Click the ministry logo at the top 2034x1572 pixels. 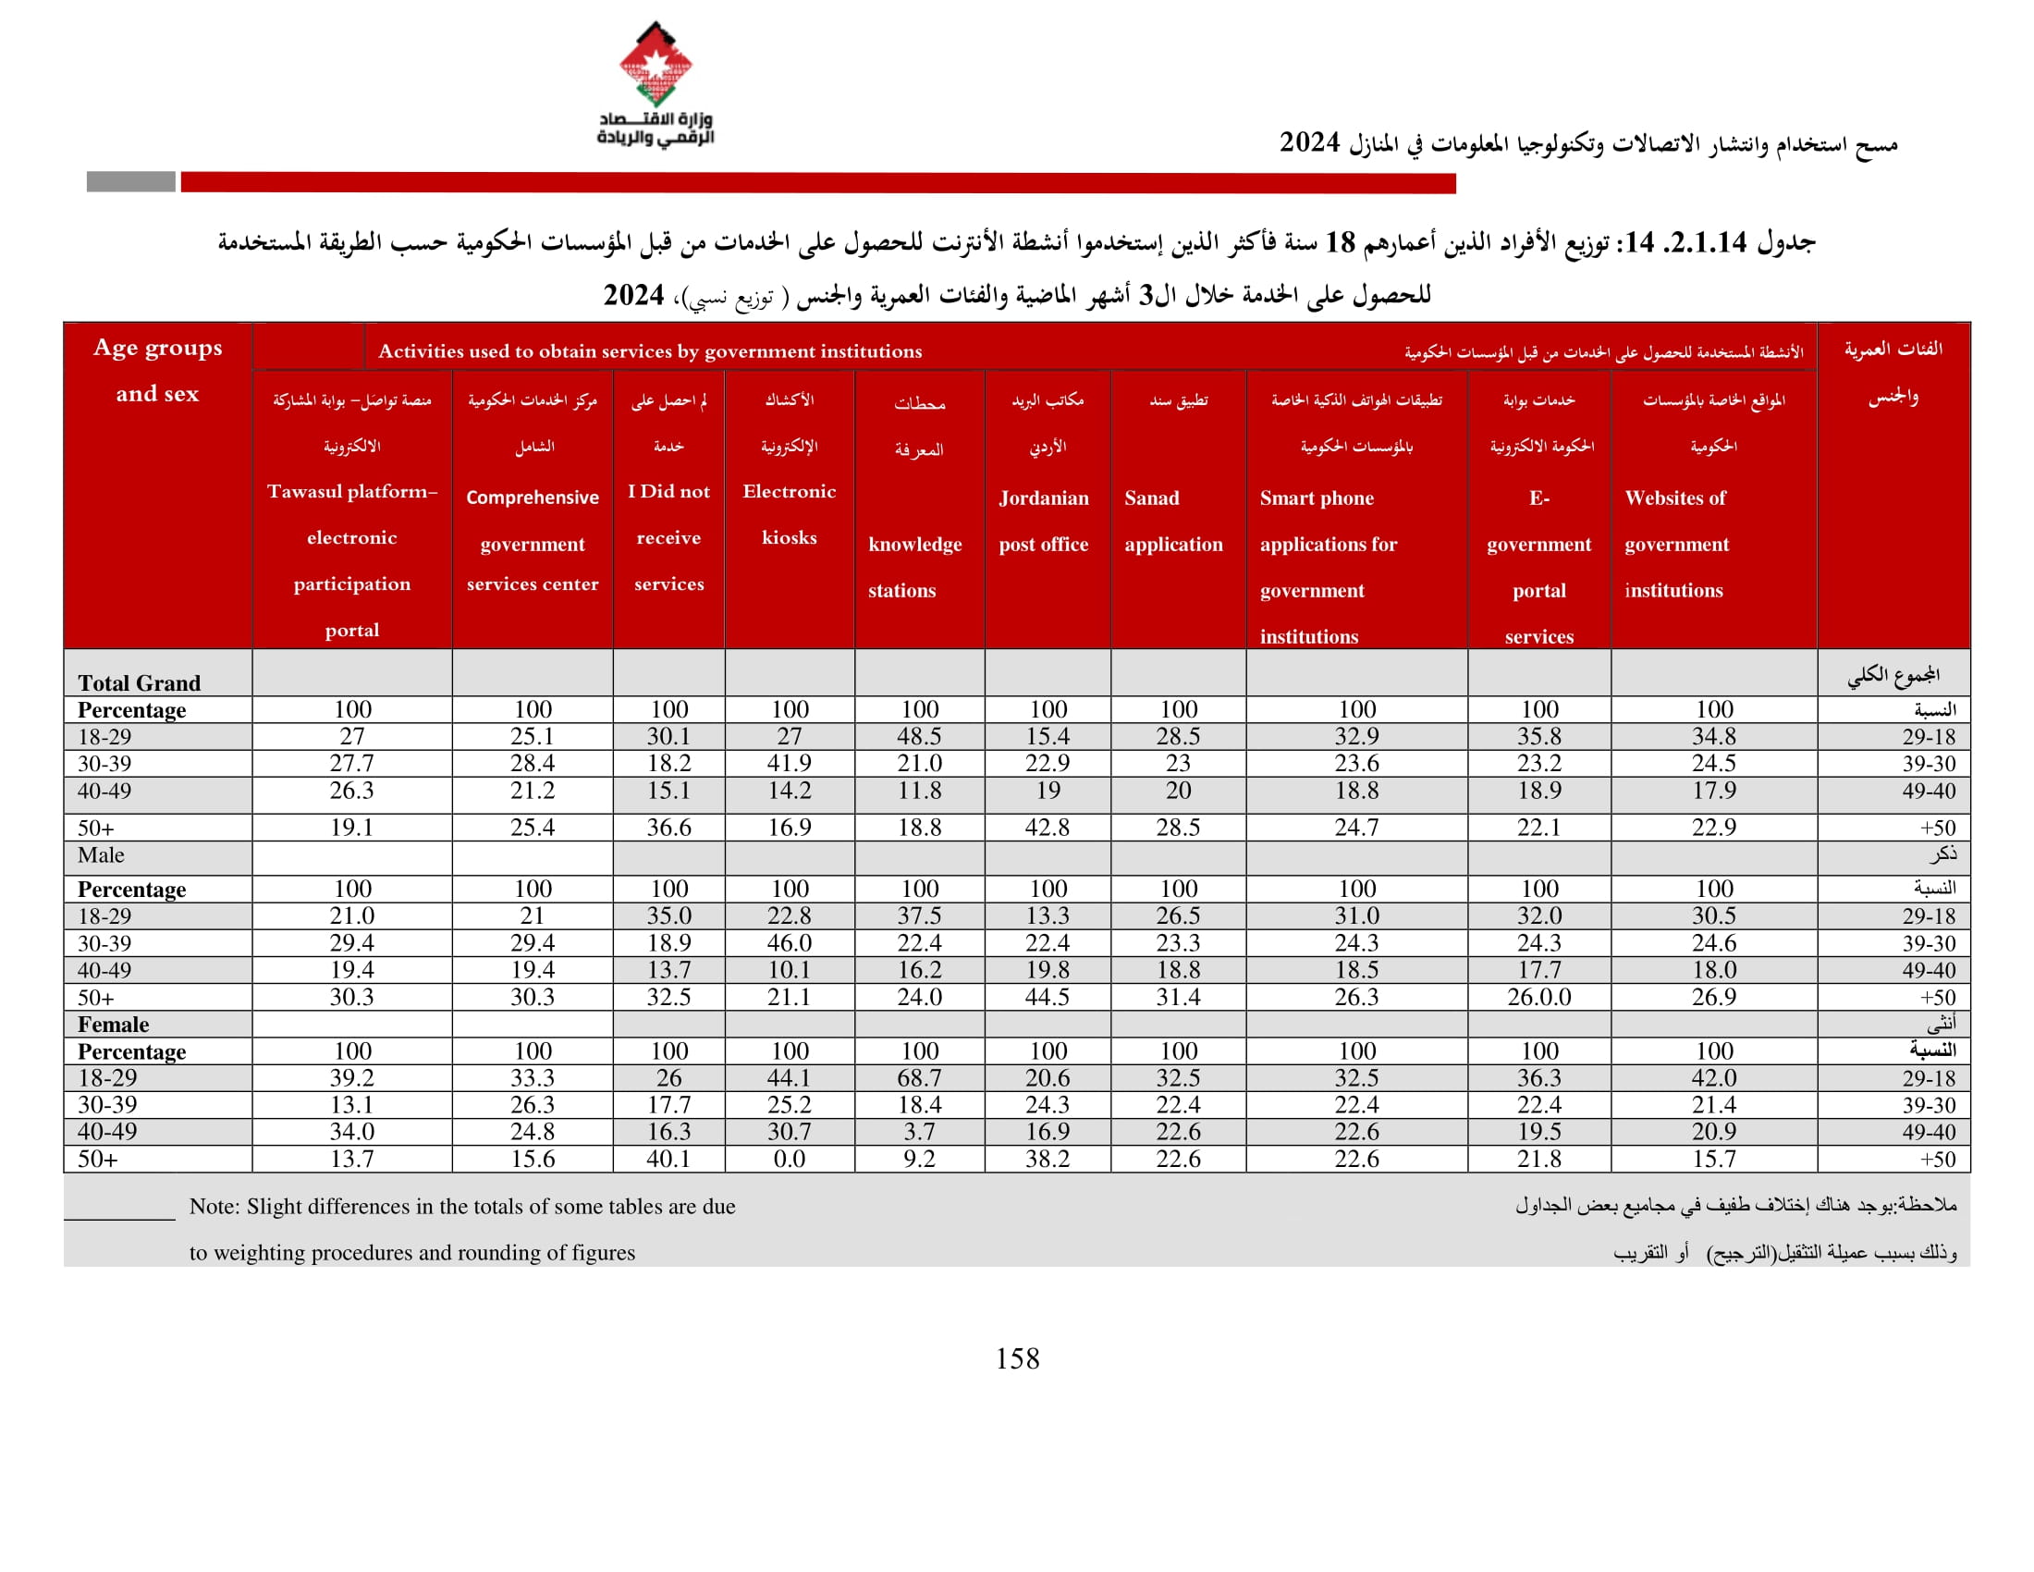pyautogui.click(x=656, y=84)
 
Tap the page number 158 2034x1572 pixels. pyautogui.click(x=1017, y=1358)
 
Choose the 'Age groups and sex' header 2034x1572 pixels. pyautogui.click(x=157, y=370)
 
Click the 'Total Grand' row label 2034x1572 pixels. pyautogui.click(x=139, y=682)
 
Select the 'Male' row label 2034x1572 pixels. pyautogui.click(x=101, y=855)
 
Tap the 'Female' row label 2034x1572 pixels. pyautogui.click(x=113, y=1025)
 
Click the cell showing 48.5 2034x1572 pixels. pyautogui.click(x=919, y=737)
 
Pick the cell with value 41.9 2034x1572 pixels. pyautogui.click(x=789, y=764)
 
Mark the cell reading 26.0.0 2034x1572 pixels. pyautogui.click(x=1538, y=998)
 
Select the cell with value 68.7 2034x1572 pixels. pyautogui.click(x=919, y=1078)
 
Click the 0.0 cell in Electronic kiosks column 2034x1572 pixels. pyautogui.click(x=789, y=1160)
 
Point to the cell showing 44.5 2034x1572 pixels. pyautogui.click(x=1048, y=998)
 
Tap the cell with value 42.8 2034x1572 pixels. pyautogui.click(x=1048, y=828)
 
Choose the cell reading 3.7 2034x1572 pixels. pyautogui.click(x=919, y=1133)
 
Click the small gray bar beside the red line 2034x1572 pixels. pyautogui.click(x=130, y=181)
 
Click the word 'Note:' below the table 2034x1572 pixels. pyautogui.click(x=214, y=1207)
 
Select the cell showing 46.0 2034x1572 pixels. pyautogui.click(x=789, y=943)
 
